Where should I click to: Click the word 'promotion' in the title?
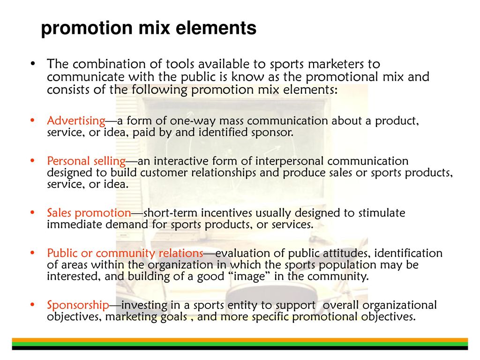87,29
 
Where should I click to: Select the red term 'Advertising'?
76,121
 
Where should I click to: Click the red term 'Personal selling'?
86,161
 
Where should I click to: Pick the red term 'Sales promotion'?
89,213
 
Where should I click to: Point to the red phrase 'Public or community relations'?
125,254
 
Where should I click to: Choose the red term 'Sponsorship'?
78,305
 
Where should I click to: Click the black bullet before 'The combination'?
33,64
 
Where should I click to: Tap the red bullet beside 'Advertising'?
32,120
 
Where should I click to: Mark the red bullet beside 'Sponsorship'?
32,305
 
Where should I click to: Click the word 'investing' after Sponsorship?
144,306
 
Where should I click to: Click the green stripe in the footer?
240,344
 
